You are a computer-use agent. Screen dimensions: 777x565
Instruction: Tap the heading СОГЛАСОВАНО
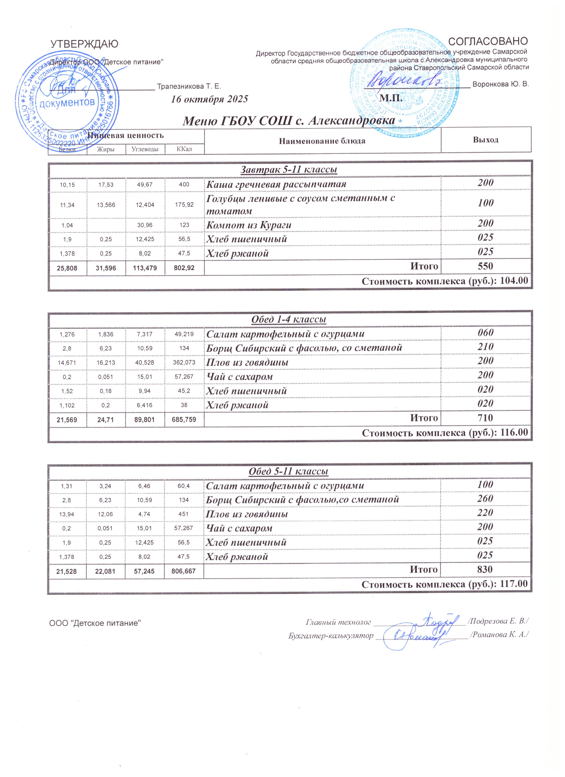pos(488,41)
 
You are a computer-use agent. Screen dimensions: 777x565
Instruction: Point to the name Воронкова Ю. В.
pos(501,84)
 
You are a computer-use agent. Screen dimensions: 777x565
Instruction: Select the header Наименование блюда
pos(322,141)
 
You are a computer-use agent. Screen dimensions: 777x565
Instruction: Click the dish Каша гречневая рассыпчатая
pos(276,184)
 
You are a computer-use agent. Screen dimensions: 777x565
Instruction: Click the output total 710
pos(485,418)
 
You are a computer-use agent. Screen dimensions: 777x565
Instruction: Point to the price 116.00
pos(514,432)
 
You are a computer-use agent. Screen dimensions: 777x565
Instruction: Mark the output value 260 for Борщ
pos(485,499)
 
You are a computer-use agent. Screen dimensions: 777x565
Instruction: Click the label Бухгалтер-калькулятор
pos(331,636)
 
